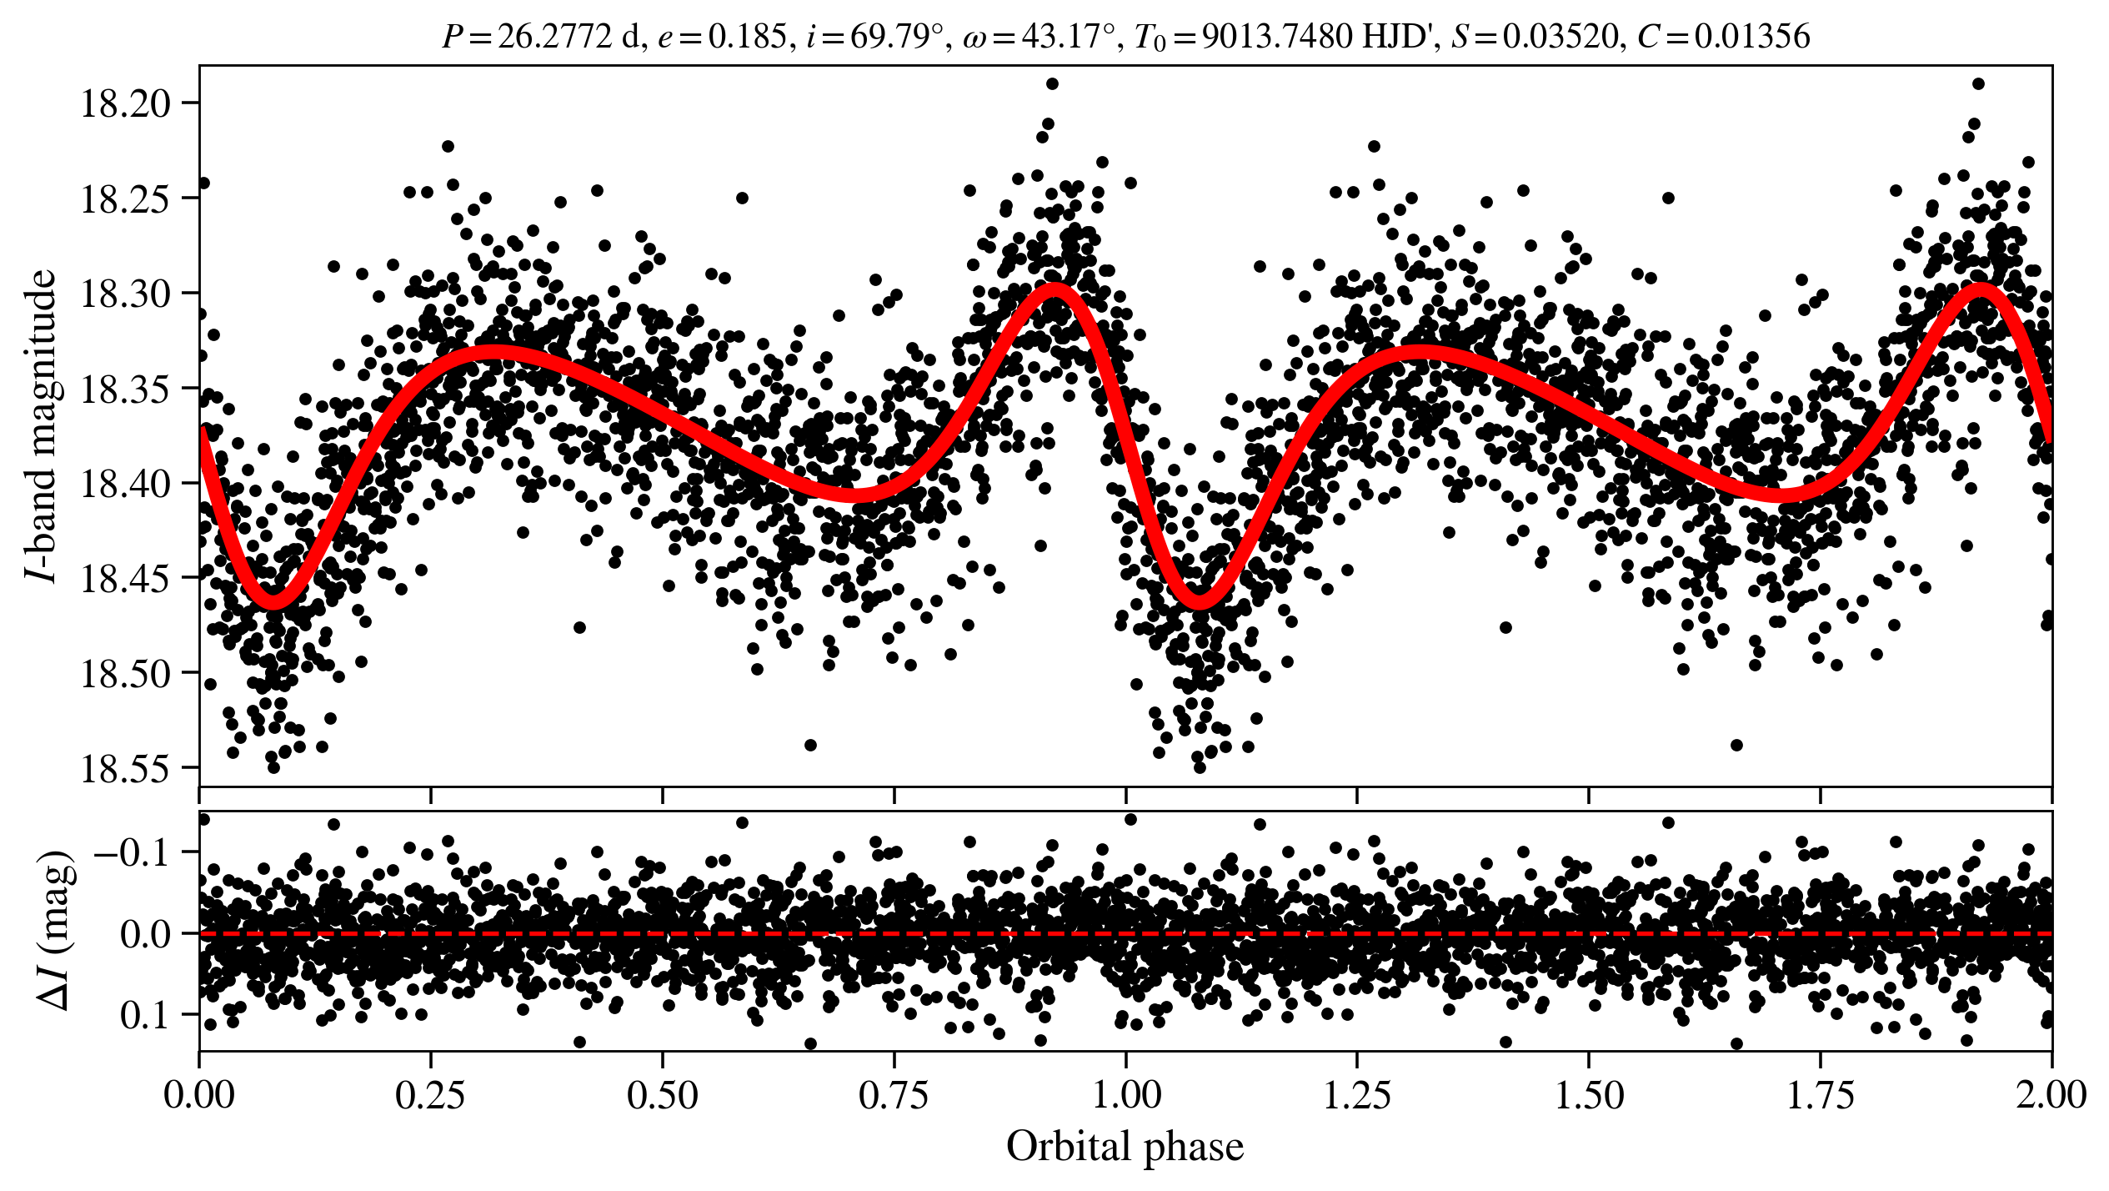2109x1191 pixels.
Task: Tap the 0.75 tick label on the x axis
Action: (x=894, y=1096)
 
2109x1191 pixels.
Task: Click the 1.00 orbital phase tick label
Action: (x=1125, y=1096)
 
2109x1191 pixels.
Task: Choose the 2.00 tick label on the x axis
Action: (x=2051, y=1096)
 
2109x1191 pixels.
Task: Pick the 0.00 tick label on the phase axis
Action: (x=199, y=1096)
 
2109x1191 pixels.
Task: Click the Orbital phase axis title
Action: (x=1125, y=1147)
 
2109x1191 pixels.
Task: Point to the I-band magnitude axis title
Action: (x=42, y=425)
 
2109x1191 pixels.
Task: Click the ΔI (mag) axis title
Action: (x=55, y=931)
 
